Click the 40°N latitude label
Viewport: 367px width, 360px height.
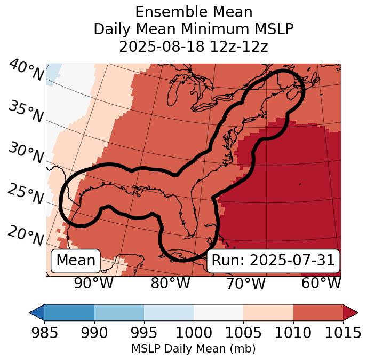pyautogui.click(x=26, y=71)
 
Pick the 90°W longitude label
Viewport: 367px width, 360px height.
pyautogui.click(x=93, y=283)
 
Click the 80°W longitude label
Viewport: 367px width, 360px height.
pyautogui.click(x=170, y=283)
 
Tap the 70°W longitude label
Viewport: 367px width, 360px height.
pyautogui.click(x=246, y=283)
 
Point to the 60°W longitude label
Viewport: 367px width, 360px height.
pyautogui.click(x=321, y=283)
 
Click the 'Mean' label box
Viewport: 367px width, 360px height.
pyautogui.click(x=76, y=261)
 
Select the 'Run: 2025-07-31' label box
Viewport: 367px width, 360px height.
pyautogui.click(x=273, y=261)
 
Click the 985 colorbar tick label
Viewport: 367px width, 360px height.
pyautogui.click(x=44, y=333)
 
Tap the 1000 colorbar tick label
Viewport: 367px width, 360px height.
pyautogui.click(x=194, y=333)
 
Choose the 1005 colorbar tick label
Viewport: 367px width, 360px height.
pyautogui.click(x=243, y=333)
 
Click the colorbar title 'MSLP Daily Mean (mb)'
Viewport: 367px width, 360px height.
pyautogui.click(x=194, y=349)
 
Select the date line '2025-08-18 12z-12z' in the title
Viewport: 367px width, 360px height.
pyautogui.click(x=194, y=46)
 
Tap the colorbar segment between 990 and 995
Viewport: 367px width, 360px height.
pyautogui.click(x=119, y=312)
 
